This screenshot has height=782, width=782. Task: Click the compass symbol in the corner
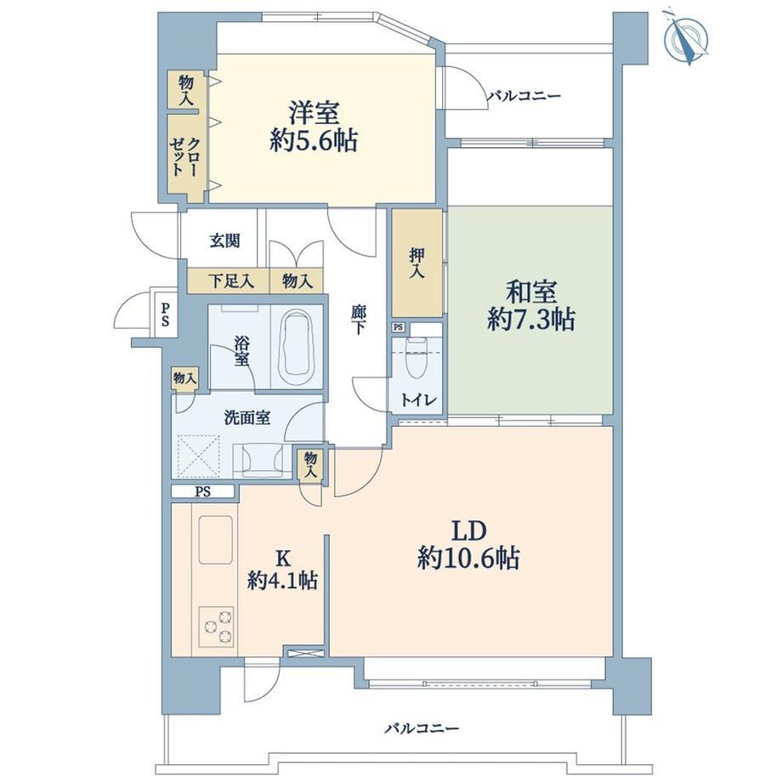tap(687, 37)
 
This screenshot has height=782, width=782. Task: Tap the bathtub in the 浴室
tap(297, 348)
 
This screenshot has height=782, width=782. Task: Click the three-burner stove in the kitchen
tap(217, 626)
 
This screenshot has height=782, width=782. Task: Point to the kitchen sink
tap(216, 539)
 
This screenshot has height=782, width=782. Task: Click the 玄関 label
tap(224, 241)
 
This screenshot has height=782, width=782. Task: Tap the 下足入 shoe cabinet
tap(229, 282)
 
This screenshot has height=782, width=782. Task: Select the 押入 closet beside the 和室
tap(417, 263)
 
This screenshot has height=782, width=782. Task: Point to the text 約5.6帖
tap(314, 142)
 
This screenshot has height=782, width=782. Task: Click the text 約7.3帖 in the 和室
tap(531, 320)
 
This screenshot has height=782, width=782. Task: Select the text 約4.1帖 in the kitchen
tap(283, 581)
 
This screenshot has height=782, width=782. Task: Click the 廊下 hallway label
tap(358, 320)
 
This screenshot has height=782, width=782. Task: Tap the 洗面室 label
tap(246, 417)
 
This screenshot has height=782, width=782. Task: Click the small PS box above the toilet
tap(398, 327)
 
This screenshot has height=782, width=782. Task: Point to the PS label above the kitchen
tap(203, 492)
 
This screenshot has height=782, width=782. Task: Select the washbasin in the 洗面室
tap(262, 458)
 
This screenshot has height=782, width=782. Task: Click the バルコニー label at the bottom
tap(422, 729)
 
